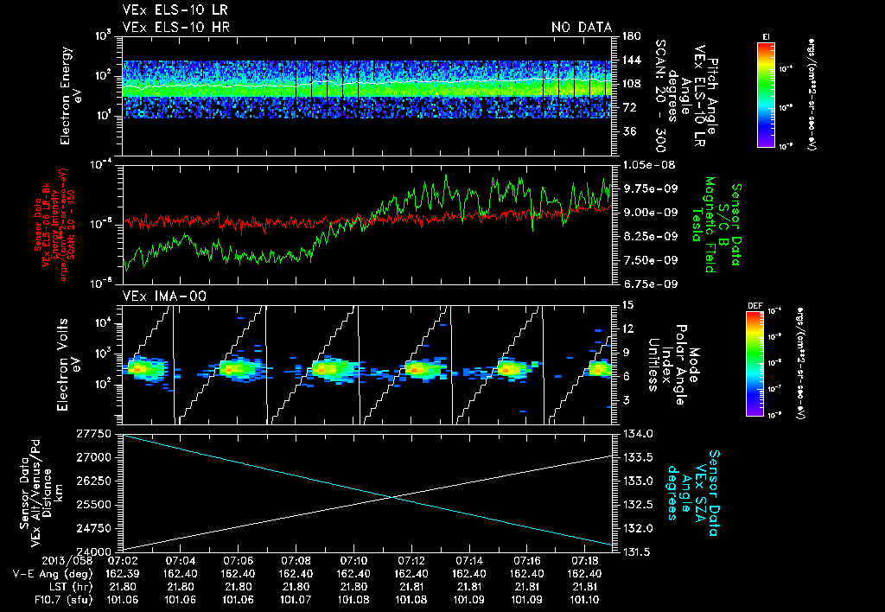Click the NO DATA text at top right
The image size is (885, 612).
coord(582,27)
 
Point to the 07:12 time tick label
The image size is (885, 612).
coord(411,561)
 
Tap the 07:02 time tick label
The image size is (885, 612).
coord(123,561)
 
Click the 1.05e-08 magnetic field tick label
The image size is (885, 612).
coord(645,164)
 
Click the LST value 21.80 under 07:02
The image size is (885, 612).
coord(123,586)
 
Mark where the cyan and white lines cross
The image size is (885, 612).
coord(394,495)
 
